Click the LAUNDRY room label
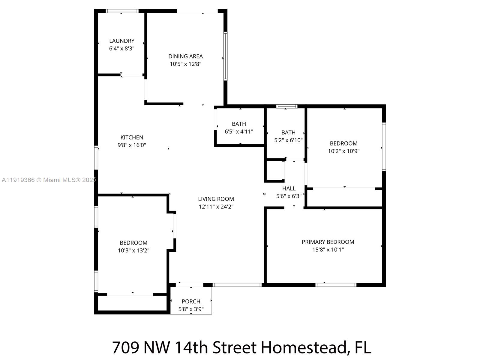121,41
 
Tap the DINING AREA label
185,56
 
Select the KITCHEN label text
132,137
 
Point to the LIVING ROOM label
216,199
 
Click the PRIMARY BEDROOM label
328,242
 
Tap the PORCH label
191,301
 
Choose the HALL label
289,188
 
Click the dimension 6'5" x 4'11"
239,131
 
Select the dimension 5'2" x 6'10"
288,140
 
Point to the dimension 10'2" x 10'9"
343,151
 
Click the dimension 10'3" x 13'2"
133,250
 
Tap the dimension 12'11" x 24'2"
216,207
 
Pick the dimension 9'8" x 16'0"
132,145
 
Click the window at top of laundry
122,11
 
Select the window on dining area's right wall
225,56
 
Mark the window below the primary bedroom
336,285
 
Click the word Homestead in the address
304,347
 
